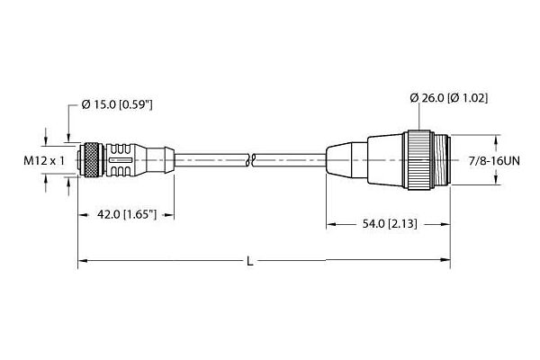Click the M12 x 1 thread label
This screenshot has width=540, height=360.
tap(44, 160)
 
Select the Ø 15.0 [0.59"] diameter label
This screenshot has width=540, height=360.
tap(117, 104)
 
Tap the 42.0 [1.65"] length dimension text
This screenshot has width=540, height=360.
tap(127, 215)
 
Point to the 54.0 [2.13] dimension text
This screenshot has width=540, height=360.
tap(390, 224)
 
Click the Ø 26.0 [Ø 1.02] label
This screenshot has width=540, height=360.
tap(449, 98)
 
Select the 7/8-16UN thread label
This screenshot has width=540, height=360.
tap(494, 161)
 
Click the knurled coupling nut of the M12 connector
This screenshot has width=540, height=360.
tap(94, 160)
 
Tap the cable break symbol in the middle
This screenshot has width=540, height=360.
tap(252, 160)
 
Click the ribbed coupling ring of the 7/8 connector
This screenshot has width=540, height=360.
tap(418, 160)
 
